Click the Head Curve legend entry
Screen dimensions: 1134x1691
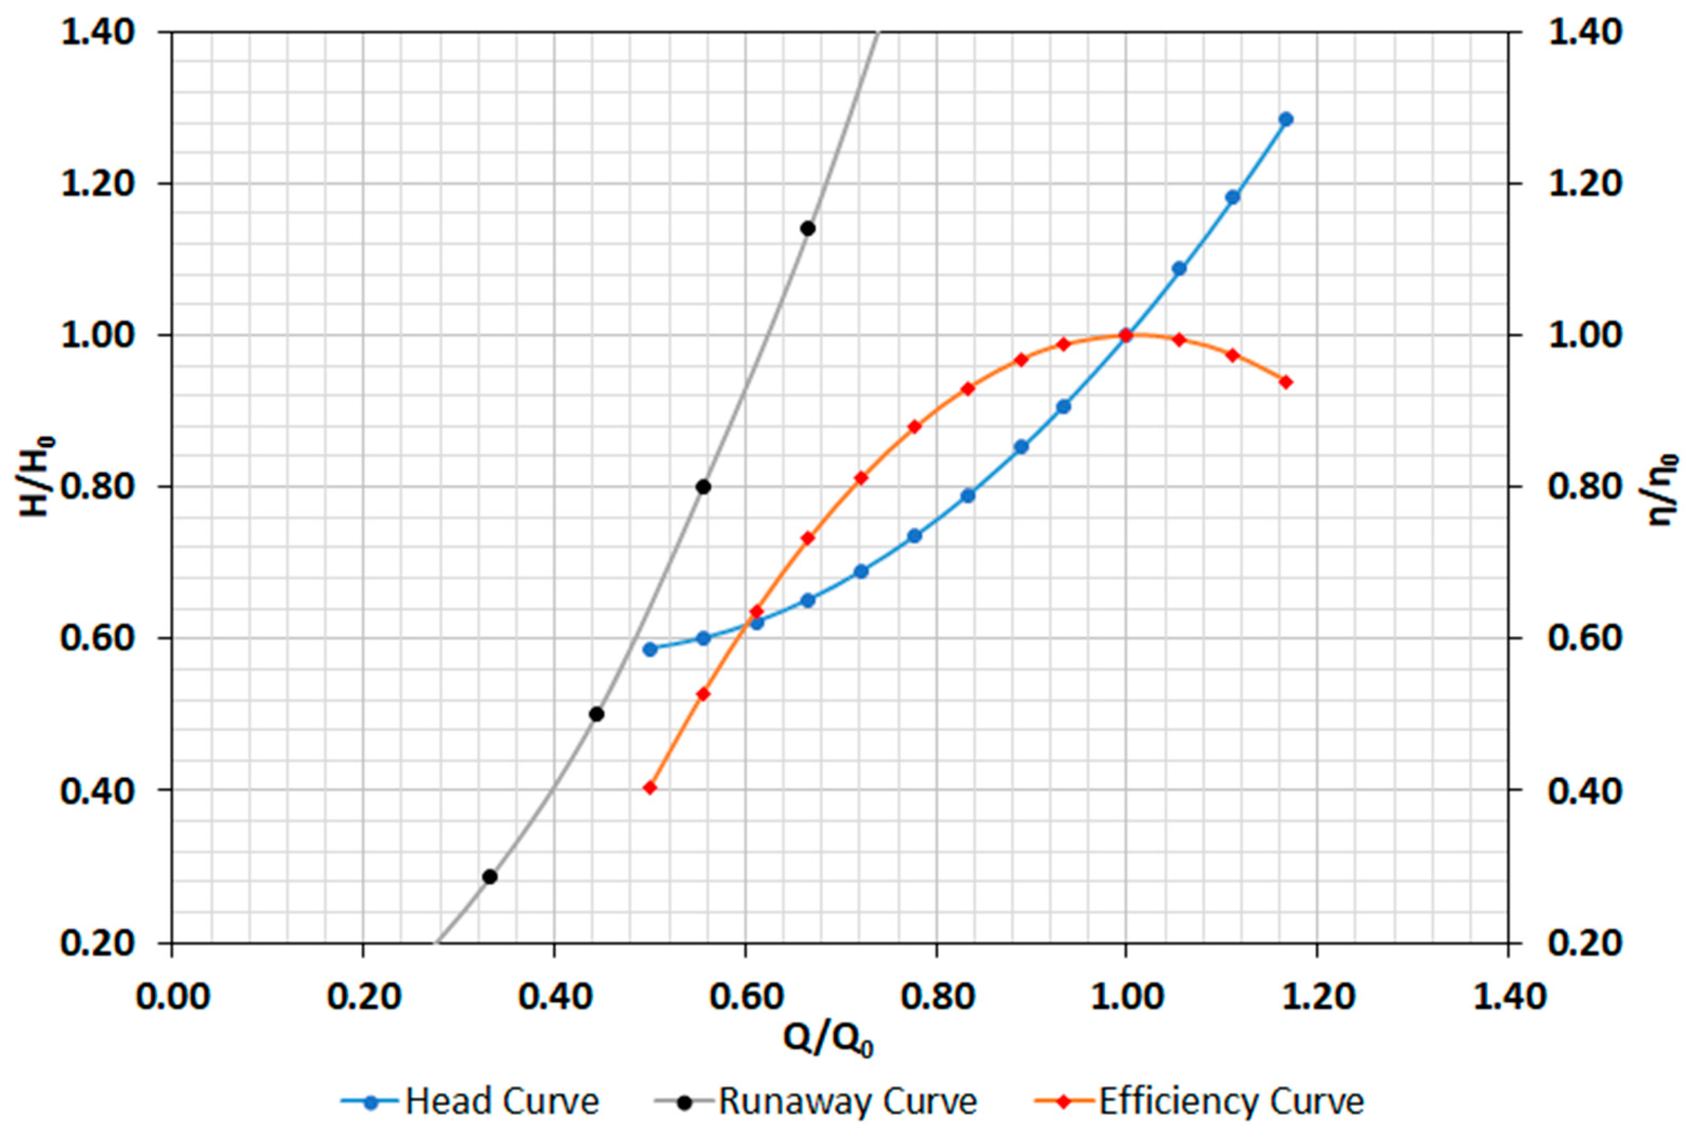click(x=470, y=1102)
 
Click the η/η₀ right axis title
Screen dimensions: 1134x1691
click(x=1661, y=489)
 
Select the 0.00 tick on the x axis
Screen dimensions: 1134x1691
click(x=172, y=997)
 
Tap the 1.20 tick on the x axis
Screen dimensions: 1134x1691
click(x=1316, y=997)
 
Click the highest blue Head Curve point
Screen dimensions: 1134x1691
click(x=1286, y=119)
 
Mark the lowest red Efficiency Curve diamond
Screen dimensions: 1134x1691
click(x=650, y=788)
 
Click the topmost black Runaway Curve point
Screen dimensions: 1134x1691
click(x=808, y=229)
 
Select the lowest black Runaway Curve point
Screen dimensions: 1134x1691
click(x=490, y=876)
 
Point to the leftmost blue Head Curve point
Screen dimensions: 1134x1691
click(x=650, y=649)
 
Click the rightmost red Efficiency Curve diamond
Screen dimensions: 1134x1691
click(x=1286, y=382)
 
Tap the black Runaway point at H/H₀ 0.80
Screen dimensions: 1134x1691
click(x=703, y=487)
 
